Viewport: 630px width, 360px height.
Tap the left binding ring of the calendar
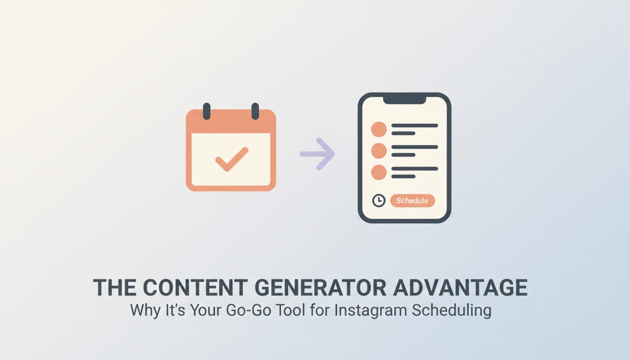207,111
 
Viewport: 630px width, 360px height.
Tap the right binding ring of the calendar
255,111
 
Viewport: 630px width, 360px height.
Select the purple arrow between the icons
318,153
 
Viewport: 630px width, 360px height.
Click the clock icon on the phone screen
378,201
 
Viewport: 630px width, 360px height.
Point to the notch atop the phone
404,100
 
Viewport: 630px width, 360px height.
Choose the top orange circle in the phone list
379,129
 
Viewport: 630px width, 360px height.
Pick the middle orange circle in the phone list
379,151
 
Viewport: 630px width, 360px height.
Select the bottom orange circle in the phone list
379,172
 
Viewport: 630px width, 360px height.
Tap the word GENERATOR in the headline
321,288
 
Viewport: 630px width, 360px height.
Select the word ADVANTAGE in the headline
460,288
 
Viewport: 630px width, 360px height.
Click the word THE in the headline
115,288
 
